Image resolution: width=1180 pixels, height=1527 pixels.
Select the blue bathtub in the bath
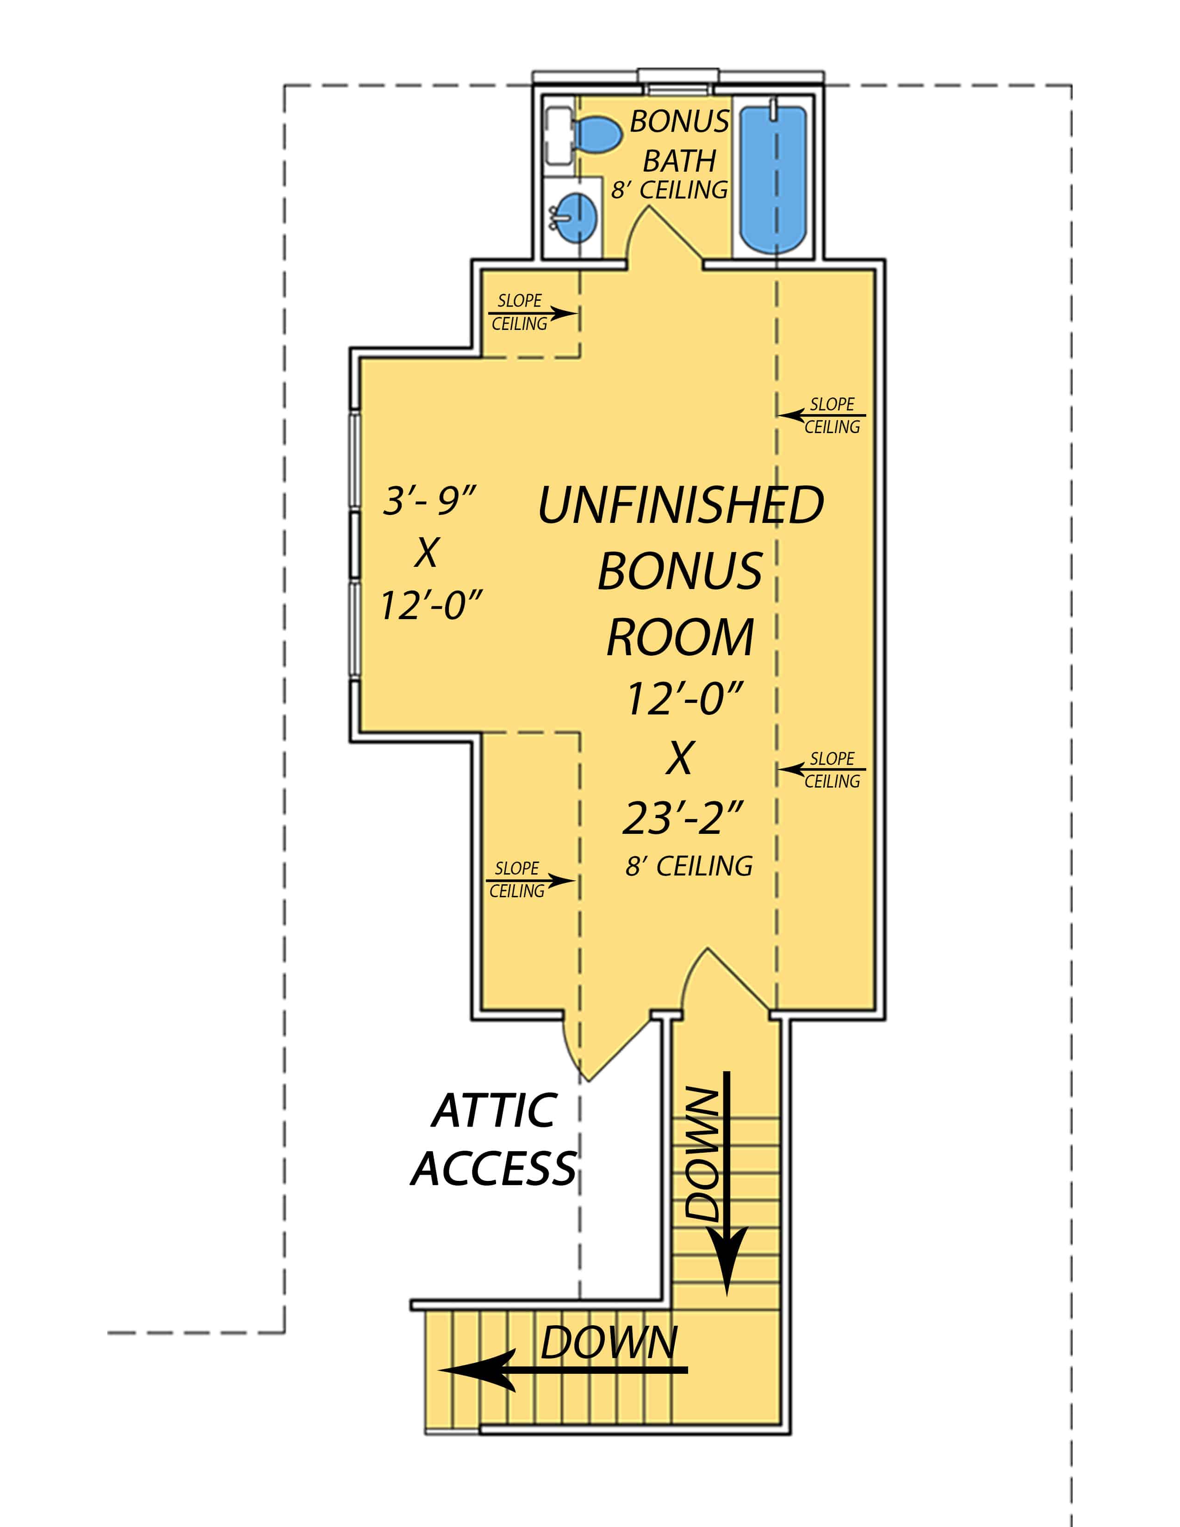click(773, 178)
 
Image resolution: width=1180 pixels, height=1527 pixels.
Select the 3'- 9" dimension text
click(429, 501)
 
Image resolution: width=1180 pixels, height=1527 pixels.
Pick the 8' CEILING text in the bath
click(670, 190)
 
